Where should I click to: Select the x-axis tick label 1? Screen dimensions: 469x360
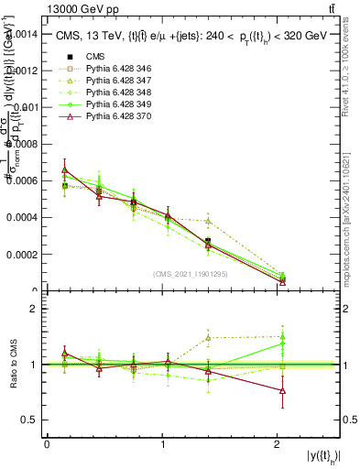162,443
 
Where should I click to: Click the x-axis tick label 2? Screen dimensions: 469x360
278,443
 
